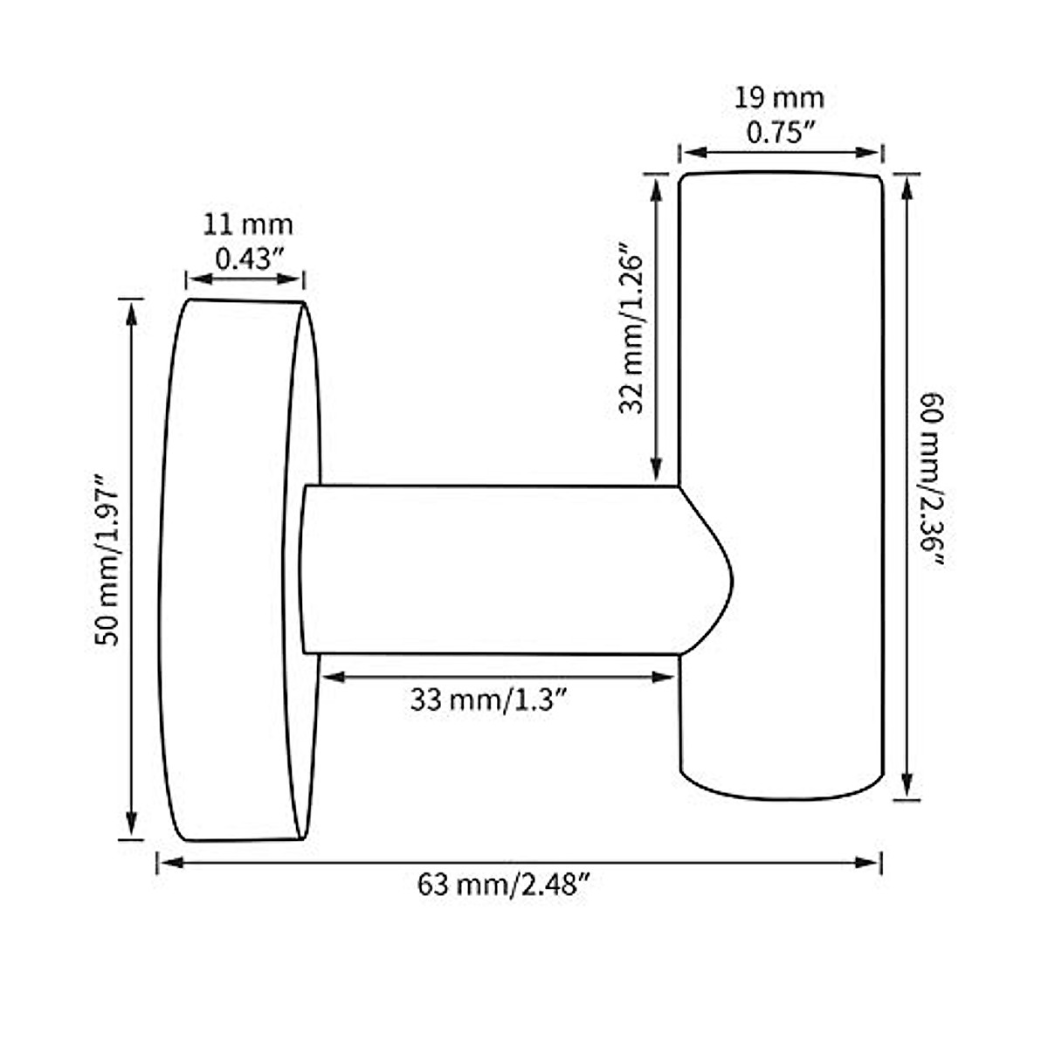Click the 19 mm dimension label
coord(779,99)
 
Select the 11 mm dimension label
coord(247,225)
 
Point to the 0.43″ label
coord(251,259)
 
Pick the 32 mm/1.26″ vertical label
coord(631,327)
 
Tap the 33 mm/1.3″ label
coord(489,700)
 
